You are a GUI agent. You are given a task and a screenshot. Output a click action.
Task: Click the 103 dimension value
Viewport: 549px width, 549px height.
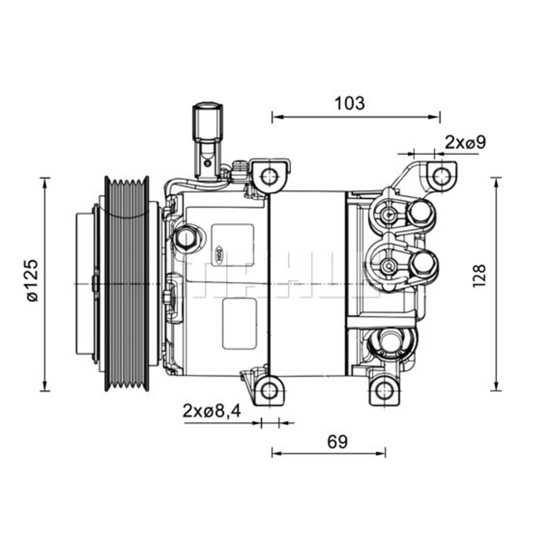(349, 103)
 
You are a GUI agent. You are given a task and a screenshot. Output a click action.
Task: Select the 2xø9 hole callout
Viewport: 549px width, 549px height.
(466, 142)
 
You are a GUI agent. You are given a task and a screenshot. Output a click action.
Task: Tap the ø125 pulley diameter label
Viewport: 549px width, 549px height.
(32, 280)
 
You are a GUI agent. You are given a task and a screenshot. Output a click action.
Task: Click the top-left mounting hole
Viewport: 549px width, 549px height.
(268, 177)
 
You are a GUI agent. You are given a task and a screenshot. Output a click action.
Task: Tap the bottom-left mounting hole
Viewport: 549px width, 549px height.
(268, 391)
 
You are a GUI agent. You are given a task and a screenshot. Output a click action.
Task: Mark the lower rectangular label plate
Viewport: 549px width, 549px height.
(239, 324)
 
